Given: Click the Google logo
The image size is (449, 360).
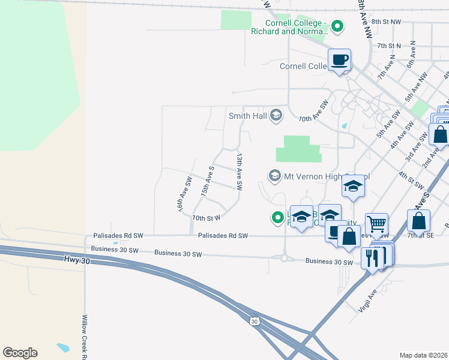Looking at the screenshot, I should (20, 353).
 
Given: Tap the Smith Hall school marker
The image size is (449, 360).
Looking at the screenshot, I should (276, 115).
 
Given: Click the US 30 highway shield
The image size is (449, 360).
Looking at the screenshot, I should (255, 322).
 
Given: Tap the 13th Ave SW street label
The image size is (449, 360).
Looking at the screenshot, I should (239, 172).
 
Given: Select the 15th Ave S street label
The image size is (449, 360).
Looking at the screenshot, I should (208, 181).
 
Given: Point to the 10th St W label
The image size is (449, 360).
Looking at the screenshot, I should (206, 217).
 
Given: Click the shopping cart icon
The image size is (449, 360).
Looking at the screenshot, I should (376, 224).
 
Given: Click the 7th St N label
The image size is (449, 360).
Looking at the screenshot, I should (388, 46).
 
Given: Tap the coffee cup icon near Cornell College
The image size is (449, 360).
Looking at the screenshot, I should (340, 59).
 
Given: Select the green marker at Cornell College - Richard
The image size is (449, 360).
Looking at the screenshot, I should (337, 26).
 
